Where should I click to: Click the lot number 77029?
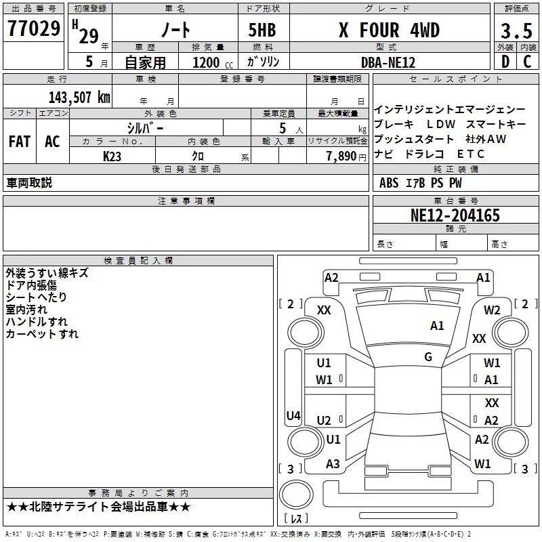(34, 28)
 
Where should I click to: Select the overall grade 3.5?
(516, 30)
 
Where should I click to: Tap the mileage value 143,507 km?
(79, 98)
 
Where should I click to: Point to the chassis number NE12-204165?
(455, 215)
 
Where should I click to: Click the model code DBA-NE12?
(388, 62)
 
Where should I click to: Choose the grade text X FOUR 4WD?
(389, 30)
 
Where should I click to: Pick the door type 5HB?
(262, 30)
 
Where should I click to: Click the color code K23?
(112, 157)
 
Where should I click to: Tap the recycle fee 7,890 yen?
(346, 157)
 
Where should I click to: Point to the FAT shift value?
(20, 142)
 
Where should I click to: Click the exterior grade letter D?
(505, 62)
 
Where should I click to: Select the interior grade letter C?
(527, 62)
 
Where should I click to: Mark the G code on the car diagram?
(428, 357)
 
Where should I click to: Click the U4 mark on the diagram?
(293, 415)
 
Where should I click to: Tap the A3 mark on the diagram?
(333, 464)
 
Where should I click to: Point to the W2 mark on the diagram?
(492, 310)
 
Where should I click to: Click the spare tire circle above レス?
(296, 495)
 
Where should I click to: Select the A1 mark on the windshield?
(437, 326)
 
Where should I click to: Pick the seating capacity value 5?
(283, 128)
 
